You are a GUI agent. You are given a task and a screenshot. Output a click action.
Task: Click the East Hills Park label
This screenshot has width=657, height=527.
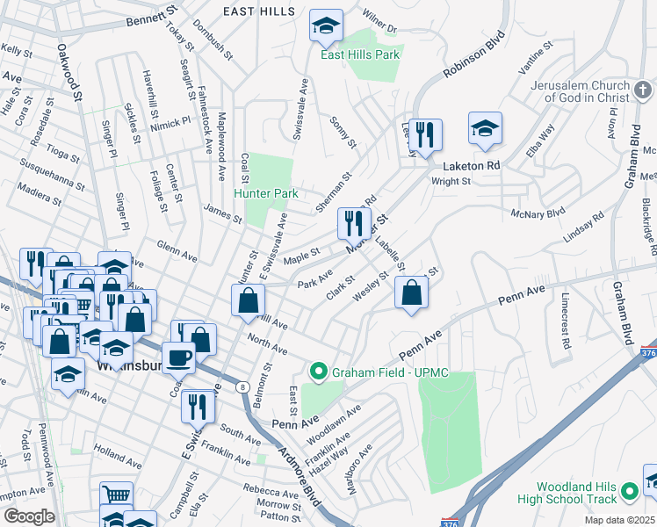coord(360,54)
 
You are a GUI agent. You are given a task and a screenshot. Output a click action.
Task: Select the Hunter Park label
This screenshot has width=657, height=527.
coord(266,193)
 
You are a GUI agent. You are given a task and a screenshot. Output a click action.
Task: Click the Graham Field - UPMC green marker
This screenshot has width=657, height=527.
coord(318,372)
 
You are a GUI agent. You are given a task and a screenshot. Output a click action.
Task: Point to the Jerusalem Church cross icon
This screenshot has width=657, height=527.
coord(642,90)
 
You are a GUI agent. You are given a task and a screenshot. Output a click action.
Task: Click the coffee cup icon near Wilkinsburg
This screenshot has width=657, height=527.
coord(180,358)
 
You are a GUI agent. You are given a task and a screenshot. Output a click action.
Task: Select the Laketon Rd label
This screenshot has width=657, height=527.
coord(472,164)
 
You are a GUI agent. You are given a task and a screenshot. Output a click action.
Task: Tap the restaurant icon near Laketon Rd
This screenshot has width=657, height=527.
coord(425,134)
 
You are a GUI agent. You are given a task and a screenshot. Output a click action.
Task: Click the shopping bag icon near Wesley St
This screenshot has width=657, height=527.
coord(411,293)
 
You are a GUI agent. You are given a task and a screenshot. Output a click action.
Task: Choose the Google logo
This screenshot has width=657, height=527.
coord(29,516)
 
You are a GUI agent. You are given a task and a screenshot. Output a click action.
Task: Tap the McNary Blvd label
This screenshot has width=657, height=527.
coord(538,213)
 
